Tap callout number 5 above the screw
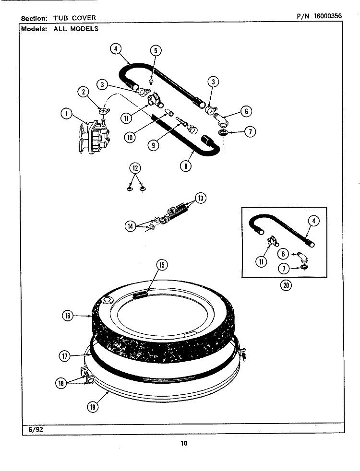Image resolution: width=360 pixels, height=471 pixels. [x=155, y=51]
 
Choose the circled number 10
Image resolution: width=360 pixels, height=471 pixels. [x=130, y=137]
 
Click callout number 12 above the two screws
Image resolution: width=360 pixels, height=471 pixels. [x=135, y=168]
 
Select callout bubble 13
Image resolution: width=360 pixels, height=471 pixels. [x=201, y=198]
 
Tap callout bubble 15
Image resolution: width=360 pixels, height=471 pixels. [x=161, y=265]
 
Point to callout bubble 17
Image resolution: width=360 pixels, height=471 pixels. [x=65, y=356]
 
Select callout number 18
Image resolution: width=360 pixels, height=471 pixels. [x=61, y=383]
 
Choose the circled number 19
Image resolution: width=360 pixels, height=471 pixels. [x=93, y=406]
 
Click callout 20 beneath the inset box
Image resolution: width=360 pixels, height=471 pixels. [x=286, y=285]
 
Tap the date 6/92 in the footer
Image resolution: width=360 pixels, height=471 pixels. [x=33, y=430]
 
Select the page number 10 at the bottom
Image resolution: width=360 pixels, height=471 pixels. [x=183, y=443]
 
